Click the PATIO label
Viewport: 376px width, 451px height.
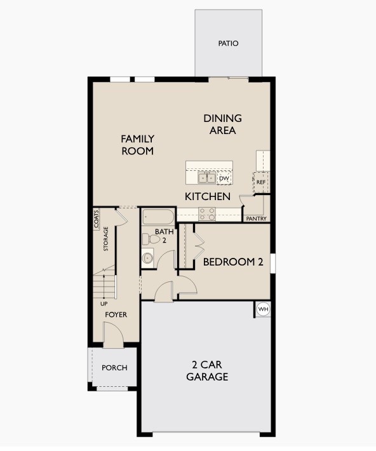(x=228, y=43)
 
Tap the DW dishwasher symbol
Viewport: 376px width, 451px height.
(x=224, y=178)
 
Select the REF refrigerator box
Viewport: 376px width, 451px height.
(x=261, y=182)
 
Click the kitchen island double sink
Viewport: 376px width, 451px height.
(x=207, y=178)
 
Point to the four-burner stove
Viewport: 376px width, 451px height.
(x=207, y=214)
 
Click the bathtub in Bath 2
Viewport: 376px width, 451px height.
(x=158, y=217)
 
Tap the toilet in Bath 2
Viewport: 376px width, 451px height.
(x=151, y=239)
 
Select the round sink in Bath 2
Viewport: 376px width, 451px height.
(x=147, y=258)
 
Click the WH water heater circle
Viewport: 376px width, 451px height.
(x=263, y=309)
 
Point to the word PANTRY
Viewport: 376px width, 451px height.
(x=257, y=219)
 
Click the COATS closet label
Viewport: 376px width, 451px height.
(x=97, y=219)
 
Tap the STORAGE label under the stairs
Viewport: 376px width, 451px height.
(x=106, y=239)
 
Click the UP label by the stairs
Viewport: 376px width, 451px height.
(x=104, y=304)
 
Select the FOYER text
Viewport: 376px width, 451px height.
(x=116, y=314)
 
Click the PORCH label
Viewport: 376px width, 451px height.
(x=114, y=368)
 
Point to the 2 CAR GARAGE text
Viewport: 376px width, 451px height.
(x=207, y=371)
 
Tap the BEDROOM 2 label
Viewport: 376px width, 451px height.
(x=233, y=262)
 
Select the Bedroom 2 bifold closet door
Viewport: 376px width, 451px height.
(x=199, y=245)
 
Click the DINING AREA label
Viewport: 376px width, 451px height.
(x=223, y=125)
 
